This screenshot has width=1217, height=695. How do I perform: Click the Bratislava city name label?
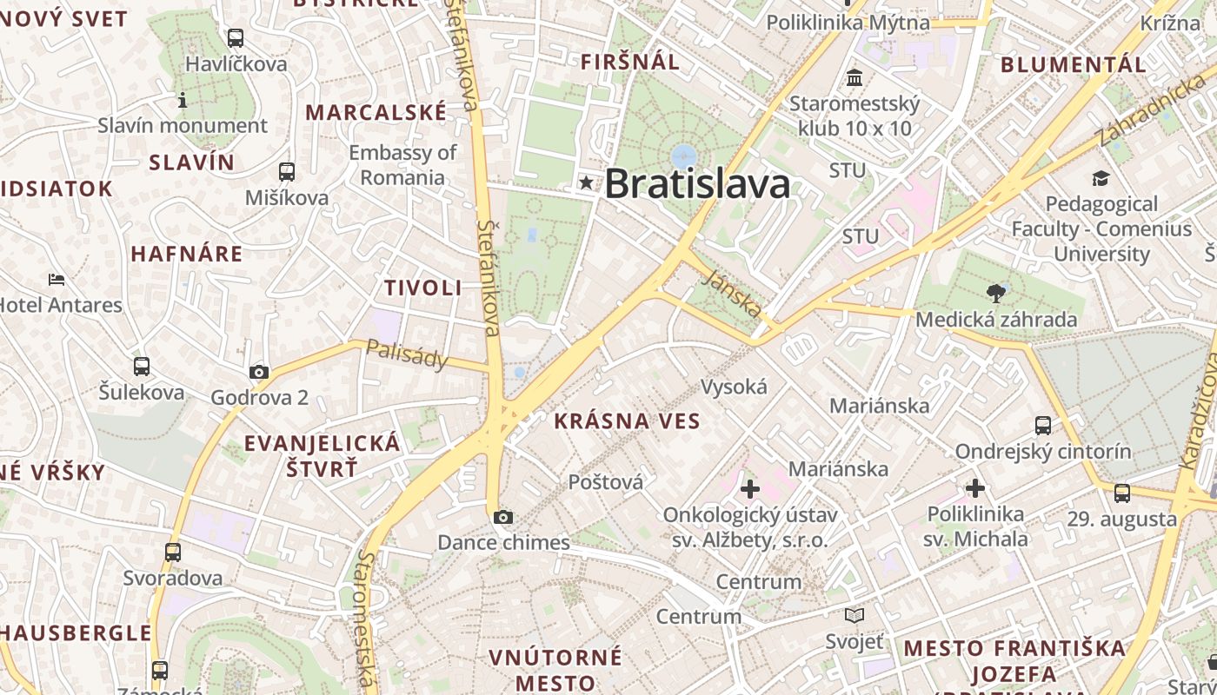(697, 183)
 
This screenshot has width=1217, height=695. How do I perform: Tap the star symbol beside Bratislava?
(587, 182)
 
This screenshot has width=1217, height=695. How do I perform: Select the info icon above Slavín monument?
(183, 100)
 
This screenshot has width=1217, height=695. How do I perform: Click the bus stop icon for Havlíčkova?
(235, 38)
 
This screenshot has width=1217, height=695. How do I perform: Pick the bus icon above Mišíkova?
(286, 172)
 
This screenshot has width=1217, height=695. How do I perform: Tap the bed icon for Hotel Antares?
(57, 280)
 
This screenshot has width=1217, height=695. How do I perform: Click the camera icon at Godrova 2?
(258, 372)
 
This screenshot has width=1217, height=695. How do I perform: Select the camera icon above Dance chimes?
(502, 518)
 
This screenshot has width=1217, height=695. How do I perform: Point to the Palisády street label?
(407, 354)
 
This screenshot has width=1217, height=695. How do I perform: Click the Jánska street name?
(735, 293)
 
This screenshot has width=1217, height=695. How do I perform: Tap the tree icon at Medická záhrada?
(996, 293)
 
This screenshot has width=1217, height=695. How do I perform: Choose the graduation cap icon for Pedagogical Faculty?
(1101, 178)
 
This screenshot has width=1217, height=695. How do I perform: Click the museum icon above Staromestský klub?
(854, 78)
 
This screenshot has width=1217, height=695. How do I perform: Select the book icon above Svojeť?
(855, 616)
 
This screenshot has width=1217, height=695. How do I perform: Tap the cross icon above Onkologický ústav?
(749, 489)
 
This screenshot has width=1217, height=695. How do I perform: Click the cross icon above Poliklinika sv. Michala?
(975, 488)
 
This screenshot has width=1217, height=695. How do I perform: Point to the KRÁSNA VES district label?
(627, 421)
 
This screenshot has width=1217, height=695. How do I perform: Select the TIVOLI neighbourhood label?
(423, 288)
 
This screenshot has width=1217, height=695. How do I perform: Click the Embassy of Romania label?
(402, 165)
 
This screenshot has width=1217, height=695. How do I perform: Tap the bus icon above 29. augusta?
(1122, 493)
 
